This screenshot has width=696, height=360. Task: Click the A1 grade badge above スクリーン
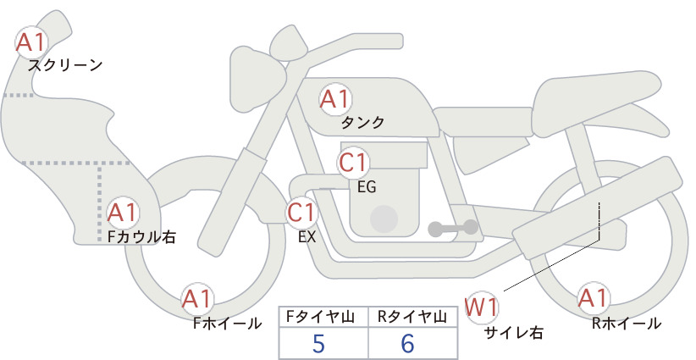[31, 42]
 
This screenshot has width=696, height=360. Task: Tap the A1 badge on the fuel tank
[335, 99]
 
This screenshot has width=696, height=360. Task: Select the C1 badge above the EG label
[353, 163]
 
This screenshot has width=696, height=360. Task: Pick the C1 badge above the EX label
[301, 212]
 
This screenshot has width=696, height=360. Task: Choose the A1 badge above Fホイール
[197, 299]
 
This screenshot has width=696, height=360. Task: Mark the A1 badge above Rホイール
[593, 298]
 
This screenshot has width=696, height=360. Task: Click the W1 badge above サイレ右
[482, 307]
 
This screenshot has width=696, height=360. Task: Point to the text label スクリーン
[65, 65]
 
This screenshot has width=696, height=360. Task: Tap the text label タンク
[362, 122]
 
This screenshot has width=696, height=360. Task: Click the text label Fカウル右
[141, 237]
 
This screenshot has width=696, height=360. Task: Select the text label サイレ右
[514, 333]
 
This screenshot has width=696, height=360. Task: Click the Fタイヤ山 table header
[320, 317]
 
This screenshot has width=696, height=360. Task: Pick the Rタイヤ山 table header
[412, 317]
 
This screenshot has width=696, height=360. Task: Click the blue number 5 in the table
[318, 343]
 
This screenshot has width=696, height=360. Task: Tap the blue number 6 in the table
[407, 343]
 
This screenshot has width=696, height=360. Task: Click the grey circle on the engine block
[384, 219]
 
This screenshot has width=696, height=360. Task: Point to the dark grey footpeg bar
[453, 228]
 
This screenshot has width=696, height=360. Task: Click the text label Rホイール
[627, 324]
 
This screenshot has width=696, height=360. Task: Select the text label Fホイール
[227, 324]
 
